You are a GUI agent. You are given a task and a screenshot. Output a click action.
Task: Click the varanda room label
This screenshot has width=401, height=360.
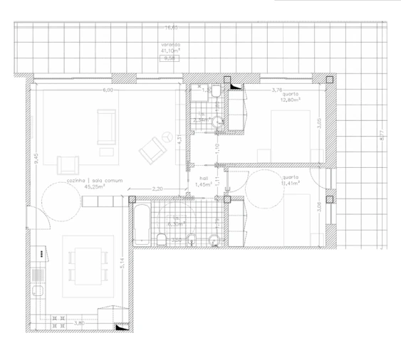[170, 45]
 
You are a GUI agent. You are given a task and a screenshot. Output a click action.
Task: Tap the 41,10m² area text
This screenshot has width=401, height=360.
[170, 51]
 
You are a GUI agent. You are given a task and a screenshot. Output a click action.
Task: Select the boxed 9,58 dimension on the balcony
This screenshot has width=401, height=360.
[169, 58]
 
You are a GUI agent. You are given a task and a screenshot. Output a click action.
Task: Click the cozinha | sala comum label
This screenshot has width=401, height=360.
[94, 181]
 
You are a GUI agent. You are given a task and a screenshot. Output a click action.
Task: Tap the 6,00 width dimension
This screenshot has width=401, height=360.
[108, 91]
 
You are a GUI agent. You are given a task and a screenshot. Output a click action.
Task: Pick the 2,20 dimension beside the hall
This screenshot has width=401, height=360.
[157, 189]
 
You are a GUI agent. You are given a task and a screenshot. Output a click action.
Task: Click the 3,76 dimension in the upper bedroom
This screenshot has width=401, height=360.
[278, 90]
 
